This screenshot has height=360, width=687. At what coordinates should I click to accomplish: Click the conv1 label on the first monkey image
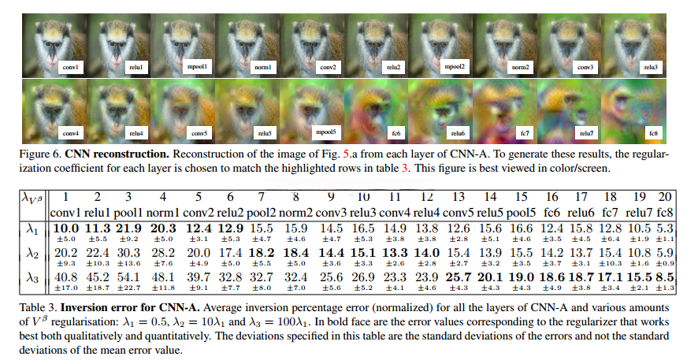[70, 67]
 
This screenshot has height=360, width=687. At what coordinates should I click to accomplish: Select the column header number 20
[665, 195]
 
